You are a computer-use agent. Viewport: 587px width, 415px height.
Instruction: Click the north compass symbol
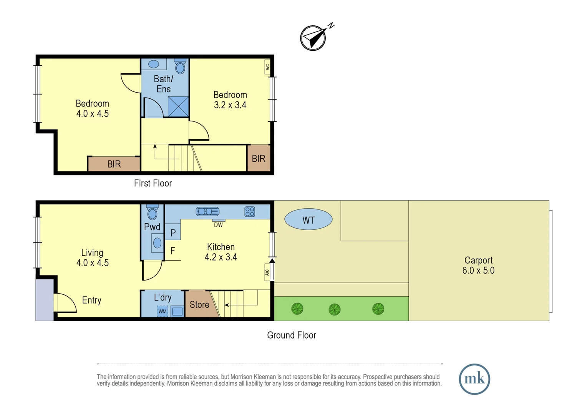click(313, 38)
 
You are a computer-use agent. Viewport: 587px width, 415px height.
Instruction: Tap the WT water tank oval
click(308, 220)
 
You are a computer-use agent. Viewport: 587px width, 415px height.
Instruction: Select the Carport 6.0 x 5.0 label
click(478, 265)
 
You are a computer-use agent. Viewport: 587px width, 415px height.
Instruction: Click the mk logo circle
click(474, 379)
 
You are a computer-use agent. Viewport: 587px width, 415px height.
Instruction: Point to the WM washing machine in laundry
click(163, 311)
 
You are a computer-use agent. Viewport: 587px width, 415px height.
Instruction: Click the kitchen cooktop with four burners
click(250, 211)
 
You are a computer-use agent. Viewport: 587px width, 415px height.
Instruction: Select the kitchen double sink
click(207, 211)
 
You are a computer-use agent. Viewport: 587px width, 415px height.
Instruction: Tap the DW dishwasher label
click(218, 225)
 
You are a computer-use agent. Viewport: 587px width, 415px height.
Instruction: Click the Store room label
click(199, 305)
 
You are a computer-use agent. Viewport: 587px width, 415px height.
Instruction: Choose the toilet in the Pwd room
click(153, 212)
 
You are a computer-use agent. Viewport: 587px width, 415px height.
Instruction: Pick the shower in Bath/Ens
click(178, 106)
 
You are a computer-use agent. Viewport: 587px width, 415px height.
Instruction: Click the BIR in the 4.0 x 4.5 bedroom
click(114, 164)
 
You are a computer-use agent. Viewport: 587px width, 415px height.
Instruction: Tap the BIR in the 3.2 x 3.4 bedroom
click(259, 158)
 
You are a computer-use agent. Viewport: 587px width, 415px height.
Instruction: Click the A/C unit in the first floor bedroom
click(267, 67)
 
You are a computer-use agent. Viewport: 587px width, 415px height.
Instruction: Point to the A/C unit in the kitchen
click(267, 272)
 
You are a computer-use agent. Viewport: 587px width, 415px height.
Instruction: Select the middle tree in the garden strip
click(335, 309)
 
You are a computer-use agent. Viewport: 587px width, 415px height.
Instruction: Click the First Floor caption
click(153, 183)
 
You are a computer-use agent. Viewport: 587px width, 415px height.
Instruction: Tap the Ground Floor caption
click(292, 335)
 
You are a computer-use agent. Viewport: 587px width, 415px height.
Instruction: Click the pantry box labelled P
click(173, 232)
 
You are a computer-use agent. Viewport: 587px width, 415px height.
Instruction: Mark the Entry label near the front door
click(91, 300)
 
